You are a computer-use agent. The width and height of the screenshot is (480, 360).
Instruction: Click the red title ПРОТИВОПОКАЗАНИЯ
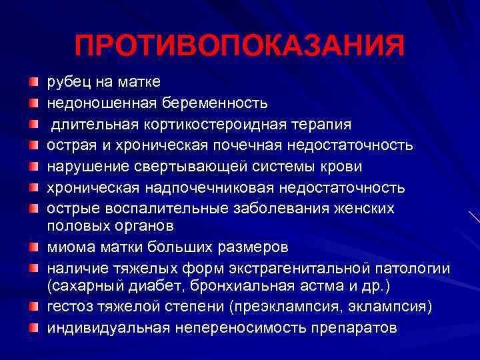(x=239, y=46)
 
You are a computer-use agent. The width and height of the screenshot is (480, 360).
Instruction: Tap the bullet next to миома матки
(x=33, y=247)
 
